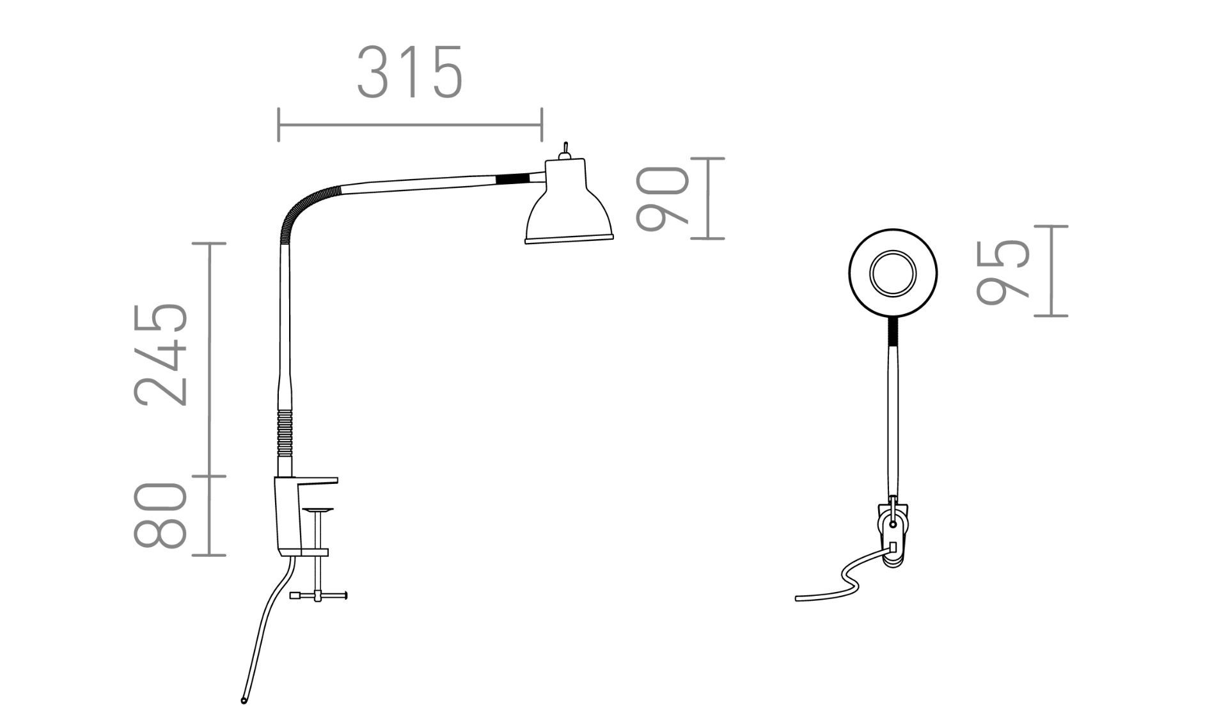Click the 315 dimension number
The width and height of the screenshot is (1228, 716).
409,72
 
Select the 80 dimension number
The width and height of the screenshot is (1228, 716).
161,515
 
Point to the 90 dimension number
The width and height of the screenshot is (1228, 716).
663,198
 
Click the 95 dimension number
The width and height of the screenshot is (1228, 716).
1004,271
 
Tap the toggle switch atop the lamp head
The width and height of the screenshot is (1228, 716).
565,150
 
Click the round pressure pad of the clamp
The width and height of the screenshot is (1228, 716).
318,510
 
